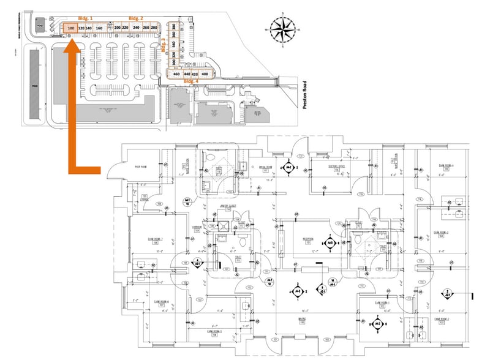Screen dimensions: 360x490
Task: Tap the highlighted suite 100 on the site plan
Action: [71, 28]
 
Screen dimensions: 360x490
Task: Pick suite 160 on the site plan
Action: [99, 28]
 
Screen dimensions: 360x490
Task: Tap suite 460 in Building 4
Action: [176, 74]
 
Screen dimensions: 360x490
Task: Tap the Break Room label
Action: [265, 166]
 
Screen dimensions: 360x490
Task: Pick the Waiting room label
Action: [303, 318]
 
